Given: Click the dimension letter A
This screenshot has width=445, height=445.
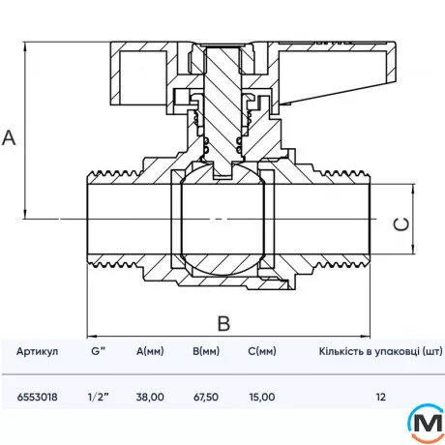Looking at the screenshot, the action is coord(9,138).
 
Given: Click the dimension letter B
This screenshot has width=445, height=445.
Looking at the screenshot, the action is coord(223,323).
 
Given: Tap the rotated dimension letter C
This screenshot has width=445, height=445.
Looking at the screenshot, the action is coord(401,223).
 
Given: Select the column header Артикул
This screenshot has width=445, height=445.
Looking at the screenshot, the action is coord(38,351).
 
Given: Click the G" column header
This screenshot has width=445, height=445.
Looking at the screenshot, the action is coord(98,351).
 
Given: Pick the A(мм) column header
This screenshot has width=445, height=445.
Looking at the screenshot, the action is coord(150,351).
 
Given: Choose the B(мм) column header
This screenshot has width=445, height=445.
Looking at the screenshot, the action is coord(206,351).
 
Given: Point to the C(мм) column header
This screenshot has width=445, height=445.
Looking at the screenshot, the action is coord(262,351).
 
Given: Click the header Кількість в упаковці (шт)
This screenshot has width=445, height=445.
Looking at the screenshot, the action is coord(380,351).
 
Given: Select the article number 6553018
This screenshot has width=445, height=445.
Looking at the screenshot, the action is coord(38,397).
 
